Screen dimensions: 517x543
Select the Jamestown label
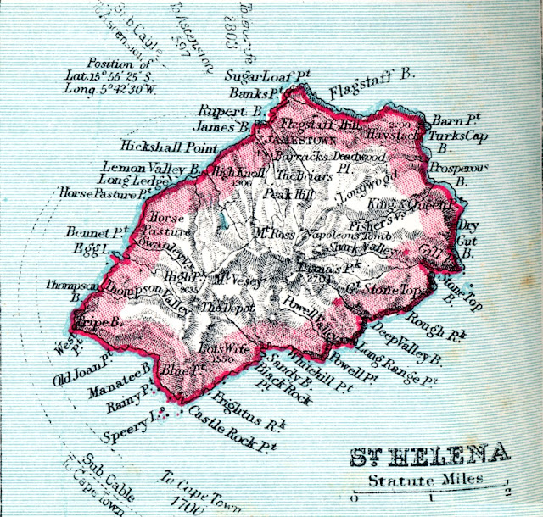point(290,136)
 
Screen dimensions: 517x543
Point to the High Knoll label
point(237,172)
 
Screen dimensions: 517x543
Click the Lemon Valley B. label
point(150,167)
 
